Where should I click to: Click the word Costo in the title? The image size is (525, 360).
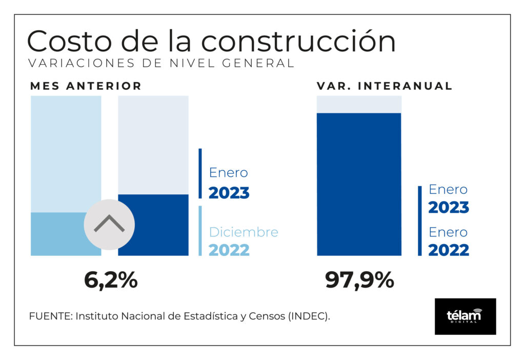pyautogui.click(x=69, y=41)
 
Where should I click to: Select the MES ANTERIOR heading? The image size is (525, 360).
pyautogui.click(x=86, y=86)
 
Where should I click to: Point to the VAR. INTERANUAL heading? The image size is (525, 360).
pyautogui.click(x=385, y=86)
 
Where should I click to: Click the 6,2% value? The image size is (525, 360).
pyautogui.click(x=111, y=280)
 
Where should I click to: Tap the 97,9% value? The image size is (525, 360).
pyautogui.click(x=359, y=280)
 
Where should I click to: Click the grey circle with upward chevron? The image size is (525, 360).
pyautogui.click(x=109, y=225)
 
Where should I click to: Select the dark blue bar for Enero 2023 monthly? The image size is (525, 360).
pyautogui.click(x=153, y=225)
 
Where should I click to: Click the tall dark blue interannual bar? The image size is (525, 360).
pyautogui.click(x=359, y=185)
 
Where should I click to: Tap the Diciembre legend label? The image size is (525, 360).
pyautogui.click(x=244, y=232)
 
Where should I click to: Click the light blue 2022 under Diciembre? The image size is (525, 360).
pyautogui.click(x=229, y=250)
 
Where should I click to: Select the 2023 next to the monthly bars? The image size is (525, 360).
pyautogui.click(x=229, y=193)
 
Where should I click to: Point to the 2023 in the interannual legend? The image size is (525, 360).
pyautogui.click(x=449, y=207)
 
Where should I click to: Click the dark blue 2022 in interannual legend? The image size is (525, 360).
pyautogui.click(x=449, y=250)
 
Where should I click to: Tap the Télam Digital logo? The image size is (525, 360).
pyautogui.click(x=466, y=316)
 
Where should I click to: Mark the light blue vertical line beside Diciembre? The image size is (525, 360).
pyautogui.click(x=200, y=231)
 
